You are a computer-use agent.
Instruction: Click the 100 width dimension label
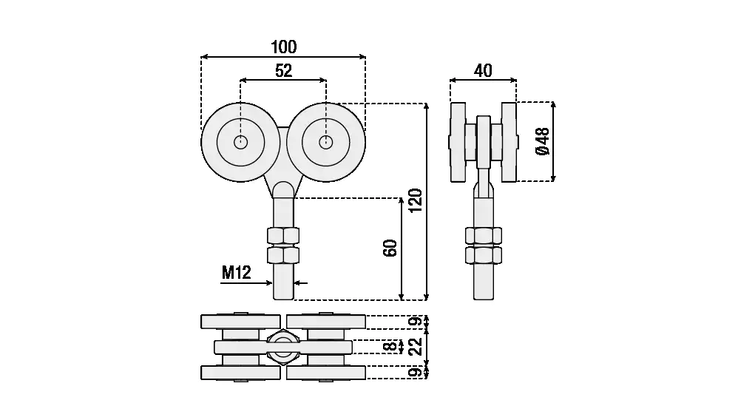pos(284,47)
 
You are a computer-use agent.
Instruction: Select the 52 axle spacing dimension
pos(284,71)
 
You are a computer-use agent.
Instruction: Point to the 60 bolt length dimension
pos(390,248)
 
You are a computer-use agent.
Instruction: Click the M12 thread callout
pos(237,273)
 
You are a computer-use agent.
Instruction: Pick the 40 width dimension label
pos(483,71)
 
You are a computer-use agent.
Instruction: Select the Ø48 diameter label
pos(543,141)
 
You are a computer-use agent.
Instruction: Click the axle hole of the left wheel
pos(241,142)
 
